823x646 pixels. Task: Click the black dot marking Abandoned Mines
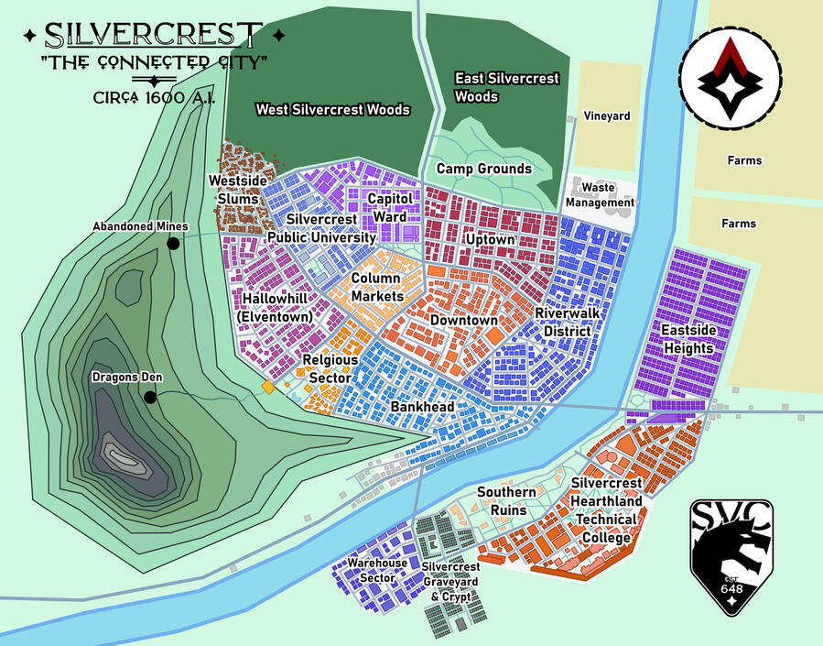point(172,244)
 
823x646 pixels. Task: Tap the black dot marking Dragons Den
point(148,397)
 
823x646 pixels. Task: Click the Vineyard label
point(607,116)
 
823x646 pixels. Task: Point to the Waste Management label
point(600,195)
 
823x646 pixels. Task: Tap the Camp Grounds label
point(483,169)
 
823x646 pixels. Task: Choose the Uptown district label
point(491,239)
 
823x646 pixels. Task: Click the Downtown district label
point(463,321)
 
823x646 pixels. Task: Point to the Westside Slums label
point(237,190)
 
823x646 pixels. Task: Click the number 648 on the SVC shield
point(731,588)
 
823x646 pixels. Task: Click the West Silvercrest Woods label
point(332,110)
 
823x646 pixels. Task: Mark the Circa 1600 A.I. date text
point(154,97)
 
